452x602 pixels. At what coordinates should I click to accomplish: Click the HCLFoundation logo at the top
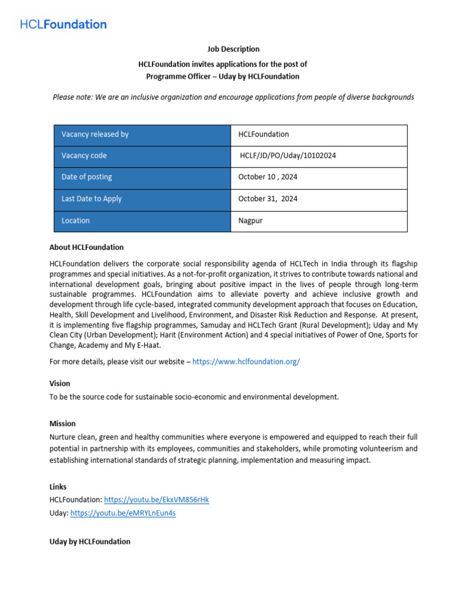point(64,25)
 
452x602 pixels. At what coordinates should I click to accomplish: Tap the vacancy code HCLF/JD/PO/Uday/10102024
point(288,156)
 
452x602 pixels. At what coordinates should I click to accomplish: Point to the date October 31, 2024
point(268,199)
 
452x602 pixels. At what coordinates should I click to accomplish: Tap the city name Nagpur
point(250,220)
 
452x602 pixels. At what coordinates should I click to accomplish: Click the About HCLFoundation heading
point(87,247)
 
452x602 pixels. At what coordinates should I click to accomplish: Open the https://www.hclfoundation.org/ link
point(246,362)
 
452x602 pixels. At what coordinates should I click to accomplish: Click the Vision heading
point(59,383)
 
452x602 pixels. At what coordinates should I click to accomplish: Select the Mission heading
point(62,423)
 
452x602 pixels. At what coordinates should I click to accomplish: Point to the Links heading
point(58,487)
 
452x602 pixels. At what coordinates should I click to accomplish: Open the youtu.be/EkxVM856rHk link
point(157,500)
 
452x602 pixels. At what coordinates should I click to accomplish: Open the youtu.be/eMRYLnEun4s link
point(123,513)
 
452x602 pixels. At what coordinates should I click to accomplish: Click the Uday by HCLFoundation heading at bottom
point(90,541)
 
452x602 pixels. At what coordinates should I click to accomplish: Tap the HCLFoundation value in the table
point(264,134)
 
